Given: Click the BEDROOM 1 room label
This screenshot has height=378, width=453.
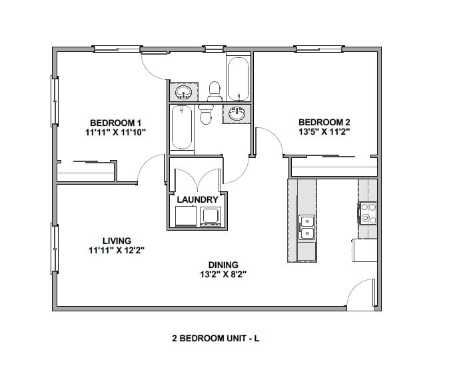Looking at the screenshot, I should click(116, 123).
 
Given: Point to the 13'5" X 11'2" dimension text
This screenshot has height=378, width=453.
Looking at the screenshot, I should click(324, 131).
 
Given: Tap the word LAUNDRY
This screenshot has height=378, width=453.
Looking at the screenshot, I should click(197, 199).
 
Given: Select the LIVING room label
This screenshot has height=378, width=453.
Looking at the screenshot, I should click(117, 241).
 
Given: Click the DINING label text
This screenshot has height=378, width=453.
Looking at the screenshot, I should click(224, 265).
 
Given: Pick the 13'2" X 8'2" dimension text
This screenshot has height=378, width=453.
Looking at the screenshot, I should click(224, 274).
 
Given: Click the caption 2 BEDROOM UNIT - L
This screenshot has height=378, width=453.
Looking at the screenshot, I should click(215, 338).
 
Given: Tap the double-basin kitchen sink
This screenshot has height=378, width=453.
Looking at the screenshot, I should click(306, 227).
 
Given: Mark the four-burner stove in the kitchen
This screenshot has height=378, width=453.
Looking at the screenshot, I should click(368, 213).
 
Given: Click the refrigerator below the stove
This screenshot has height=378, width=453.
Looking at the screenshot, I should click(364, 251).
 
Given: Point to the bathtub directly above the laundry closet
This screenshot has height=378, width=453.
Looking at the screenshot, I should click(182, 128).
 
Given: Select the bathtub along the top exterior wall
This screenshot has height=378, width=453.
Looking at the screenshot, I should click(238, 79).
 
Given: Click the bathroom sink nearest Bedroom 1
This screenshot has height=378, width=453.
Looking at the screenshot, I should click(183, 91).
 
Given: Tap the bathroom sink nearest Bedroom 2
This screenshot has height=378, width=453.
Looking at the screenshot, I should click(236, 114).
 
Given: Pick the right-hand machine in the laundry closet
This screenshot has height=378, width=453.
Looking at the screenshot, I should click(211, 216).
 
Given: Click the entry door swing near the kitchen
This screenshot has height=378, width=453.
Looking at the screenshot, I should click(361, 295).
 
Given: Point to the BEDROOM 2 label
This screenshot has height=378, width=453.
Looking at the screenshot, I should click(324, 122).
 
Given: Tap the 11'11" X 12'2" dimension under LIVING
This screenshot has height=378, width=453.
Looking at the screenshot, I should click(117, 251).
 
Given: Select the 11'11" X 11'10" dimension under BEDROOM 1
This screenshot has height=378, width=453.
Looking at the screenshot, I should click(116, 132).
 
